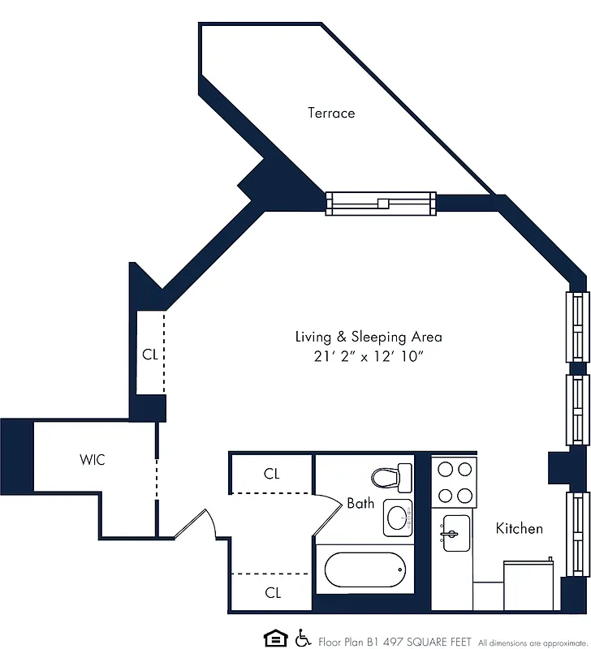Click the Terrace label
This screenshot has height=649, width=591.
[331, 113]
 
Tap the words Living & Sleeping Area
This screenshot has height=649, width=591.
[369, 336]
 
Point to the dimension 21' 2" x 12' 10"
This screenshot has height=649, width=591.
[369, 358]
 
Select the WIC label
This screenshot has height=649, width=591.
[92, 460]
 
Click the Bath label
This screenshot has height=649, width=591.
[360, 503]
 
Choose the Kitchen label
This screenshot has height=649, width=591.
[520, 528]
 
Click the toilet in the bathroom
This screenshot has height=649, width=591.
[392, 477]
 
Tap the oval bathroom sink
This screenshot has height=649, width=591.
[398, 517]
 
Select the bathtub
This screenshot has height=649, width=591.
[364, 571]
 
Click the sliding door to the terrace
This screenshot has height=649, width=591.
[380, 203]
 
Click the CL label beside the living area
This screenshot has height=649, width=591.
[150, 354]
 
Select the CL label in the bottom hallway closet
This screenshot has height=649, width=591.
[273, 593]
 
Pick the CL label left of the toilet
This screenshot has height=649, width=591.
[272, 474]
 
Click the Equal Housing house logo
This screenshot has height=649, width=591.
[275, 638]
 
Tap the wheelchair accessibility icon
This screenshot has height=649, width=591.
[304, 638]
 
